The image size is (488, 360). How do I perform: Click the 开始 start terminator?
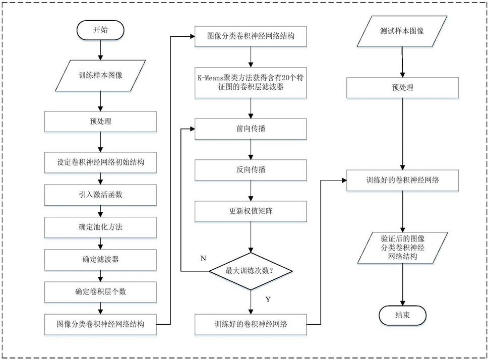[100, 30]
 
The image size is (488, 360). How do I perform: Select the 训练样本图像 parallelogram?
[100, 76]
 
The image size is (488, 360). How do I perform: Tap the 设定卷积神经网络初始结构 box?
[100, 162]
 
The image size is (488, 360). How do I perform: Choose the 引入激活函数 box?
[100, 195]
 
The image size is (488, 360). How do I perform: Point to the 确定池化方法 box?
[100, 227]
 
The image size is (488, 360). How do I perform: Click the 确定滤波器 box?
[100, 260]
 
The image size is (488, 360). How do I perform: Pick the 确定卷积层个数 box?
[100, 292]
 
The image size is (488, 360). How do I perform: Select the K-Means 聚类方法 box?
[251, 83]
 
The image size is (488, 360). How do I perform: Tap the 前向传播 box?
[251, 129]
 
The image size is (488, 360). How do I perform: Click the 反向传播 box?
[251, 170]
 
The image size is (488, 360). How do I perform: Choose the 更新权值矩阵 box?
[251, 211]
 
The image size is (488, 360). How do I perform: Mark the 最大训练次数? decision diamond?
[251, 271]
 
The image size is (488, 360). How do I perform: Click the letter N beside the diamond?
[203, 258]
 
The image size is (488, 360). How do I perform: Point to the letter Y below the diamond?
[268, 299]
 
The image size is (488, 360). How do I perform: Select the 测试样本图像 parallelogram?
[402, 31]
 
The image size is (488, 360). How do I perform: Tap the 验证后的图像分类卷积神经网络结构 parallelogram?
[403, 248]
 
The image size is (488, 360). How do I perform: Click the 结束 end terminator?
[402, 315]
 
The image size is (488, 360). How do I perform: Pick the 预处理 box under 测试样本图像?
[403, 88]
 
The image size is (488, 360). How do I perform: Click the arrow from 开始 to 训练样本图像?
[100, 50]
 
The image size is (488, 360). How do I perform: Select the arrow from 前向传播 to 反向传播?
[251, 150]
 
